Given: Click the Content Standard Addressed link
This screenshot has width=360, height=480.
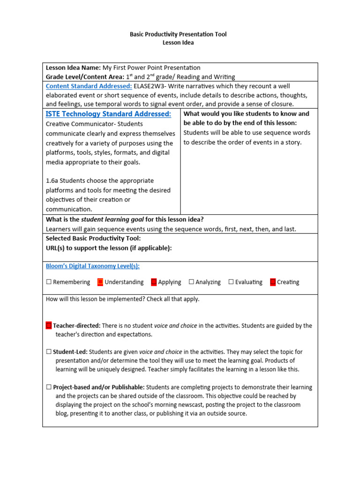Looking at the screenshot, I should (89, 86).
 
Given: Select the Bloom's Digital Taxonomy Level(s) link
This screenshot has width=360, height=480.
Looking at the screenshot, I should (92, 266).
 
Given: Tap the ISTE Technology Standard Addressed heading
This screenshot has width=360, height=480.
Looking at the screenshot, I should (108, 114).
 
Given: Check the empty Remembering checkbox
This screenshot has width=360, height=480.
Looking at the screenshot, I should (49, 282).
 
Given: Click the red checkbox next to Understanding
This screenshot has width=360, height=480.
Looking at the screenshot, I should (100, 282).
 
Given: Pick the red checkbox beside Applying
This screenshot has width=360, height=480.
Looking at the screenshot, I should (154, 282).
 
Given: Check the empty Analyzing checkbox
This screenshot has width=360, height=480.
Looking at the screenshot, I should (191, 282).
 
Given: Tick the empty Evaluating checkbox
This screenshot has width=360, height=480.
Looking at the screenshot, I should (231, 282).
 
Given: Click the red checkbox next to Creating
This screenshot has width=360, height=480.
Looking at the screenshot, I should (273, 282).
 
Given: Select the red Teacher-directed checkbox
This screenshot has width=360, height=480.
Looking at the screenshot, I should (49, 325).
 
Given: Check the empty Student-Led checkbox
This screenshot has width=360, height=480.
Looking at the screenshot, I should (49, 352).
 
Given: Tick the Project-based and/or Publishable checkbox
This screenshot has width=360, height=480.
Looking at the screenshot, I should (49, 387).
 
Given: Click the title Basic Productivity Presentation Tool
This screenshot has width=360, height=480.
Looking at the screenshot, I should (178, 34).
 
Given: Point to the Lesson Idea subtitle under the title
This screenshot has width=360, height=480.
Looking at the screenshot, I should (178, 43).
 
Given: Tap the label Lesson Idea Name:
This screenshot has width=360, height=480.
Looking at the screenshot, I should (73, 68).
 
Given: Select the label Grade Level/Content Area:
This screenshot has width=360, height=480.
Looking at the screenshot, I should (85, 77).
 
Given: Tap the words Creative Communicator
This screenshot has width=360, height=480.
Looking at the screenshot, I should (80, 124).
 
